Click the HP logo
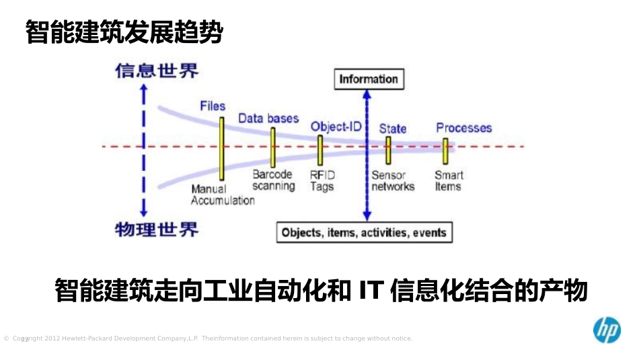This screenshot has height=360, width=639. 606,330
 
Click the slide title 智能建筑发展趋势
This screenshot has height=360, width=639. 124,32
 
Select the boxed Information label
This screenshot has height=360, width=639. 369,79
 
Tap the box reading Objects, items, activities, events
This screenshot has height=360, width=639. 364,233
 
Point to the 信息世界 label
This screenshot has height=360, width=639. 157,71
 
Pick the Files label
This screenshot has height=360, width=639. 213,106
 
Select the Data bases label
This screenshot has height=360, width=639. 268,118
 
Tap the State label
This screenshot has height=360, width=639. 392,128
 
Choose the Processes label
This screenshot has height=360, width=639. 463,128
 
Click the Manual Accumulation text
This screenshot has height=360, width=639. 222,195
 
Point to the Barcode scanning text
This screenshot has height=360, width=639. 273,180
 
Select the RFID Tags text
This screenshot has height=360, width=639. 322,181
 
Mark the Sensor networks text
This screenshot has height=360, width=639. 393,181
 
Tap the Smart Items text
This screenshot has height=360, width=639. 448,181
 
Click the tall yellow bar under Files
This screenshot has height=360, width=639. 221,148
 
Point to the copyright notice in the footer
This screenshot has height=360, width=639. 209,338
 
